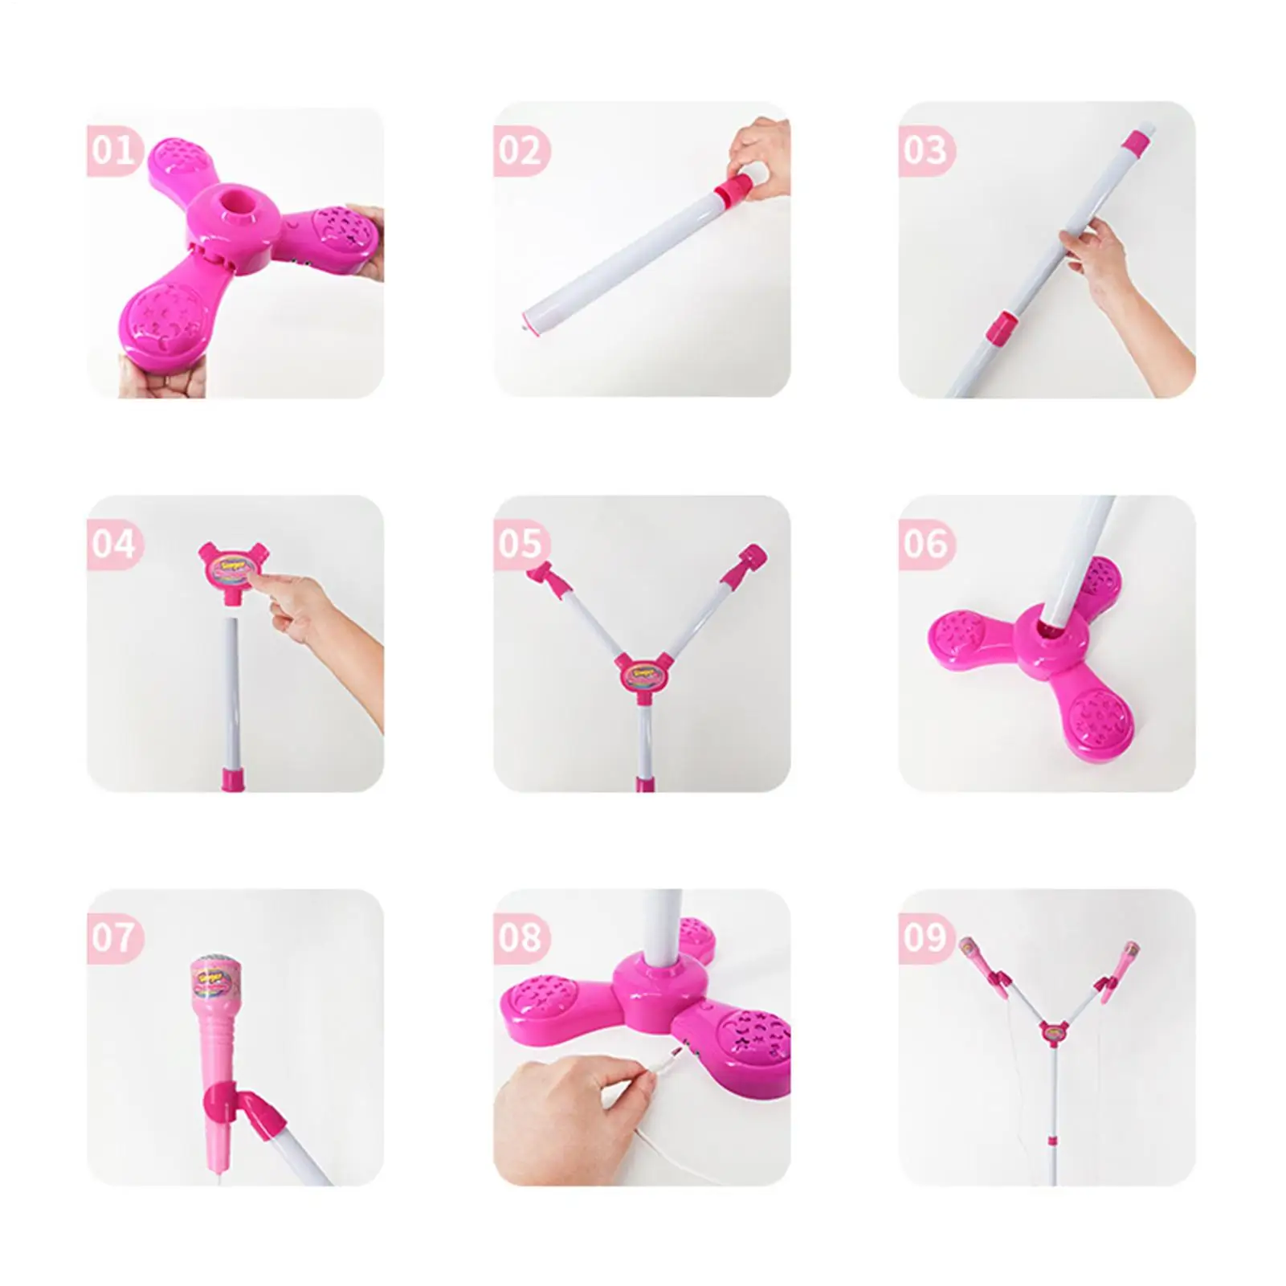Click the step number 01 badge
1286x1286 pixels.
(x=112, y=150)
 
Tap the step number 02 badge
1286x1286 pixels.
(x=520, y=150)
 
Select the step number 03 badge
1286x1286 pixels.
(x=925, y=150)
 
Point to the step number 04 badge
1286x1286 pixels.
(x=112, y=544)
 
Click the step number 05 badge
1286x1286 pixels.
(x=520, y=544)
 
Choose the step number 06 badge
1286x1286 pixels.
(x=925, y=544)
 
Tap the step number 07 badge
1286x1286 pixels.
(x=112, y=937)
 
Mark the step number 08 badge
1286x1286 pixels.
(x=520, y=937)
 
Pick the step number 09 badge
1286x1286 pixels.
(x=925, y=937)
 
